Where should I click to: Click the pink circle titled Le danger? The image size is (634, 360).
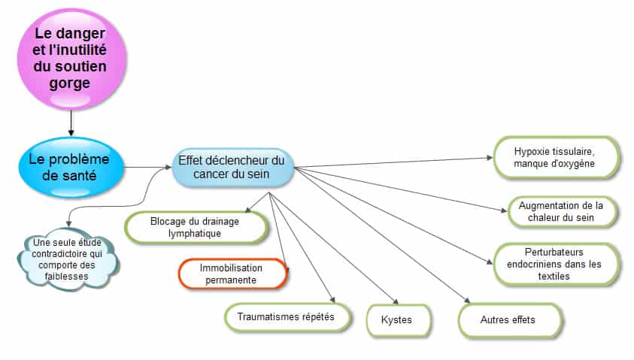[x=71, y=59]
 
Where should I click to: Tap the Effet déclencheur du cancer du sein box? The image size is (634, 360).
[x=232, y=168]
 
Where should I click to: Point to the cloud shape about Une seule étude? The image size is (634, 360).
[x=68, y=259]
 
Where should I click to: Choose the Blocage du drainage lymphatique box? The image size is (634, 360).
[x=196, y=228]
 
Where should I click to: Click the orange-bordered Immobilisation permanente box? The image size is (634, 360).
[x=232, y=274]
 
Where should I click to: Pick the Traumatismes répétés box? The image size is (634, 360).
[x=287, y=317]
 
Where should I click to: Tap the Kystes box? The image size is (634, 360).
[x=399, y=320]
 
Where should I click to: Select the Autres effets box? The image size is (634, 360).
[x=510, y=320]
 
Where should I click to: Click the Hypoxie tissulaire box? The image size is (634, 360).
[x=557, y=158]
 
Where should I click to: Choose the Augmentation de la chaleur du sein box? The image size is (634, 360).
[x=563, y=212]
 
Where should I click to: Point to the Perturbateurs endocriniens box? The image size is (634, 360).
[x=557, y=265]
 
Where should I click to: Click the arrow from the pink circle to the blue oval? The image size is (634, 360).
[x=71, y=123]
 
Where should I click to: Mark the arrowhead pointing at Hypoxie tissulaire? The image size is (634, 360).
[x=490, y=158]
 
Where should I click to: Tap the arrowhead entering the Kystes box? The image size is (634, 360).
[x=396, y=301]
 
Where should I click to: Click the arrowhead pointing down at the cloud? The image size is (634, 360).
[x=68, y=223]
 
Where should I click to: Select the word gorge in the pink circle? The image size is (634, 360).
[x=69, y=83]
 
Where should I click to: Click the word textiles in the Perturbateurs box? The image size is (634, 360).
[x=554, y=277]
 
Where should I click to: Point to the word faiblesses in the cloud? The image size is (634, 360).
[x=67, y=277]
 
